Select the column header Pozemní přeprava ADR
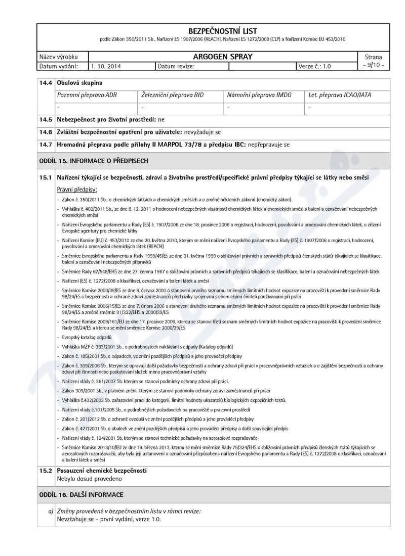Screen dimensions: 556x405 tap(85, 95)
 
